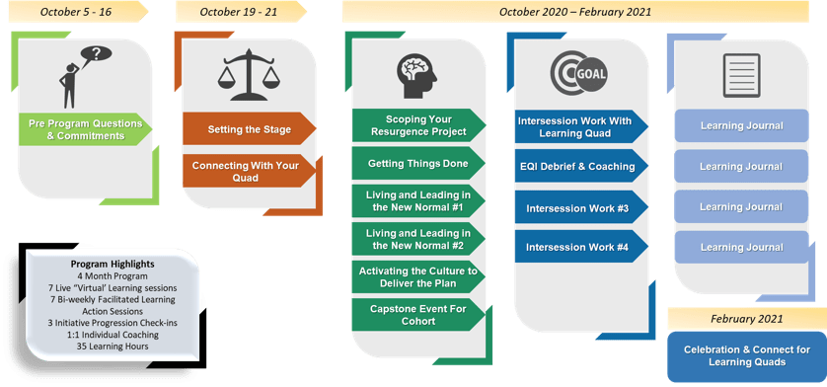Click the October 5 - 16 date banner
click(77, 12)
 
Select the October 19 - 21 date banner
click(241, 12)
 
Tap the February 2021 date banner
click(747, 319)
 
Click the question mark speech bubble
click(96, 53)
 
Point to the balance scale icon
click(249, 74)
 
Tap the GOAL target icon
click(578, 73)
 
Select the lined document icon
click(741, 75)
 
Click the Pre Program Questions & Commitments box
click(86, 129)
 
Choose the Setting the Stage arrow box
click(249, 128)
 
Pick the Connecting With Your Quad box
click(249, 171)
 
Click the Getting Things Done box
click(418, 163)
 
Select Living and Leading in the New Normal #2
click(418, 239)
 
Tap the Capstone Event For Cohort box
click(418, 315)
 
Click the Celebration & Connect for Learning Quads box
click(747, 356)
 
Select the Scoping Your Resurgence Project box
click(418, 125)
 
